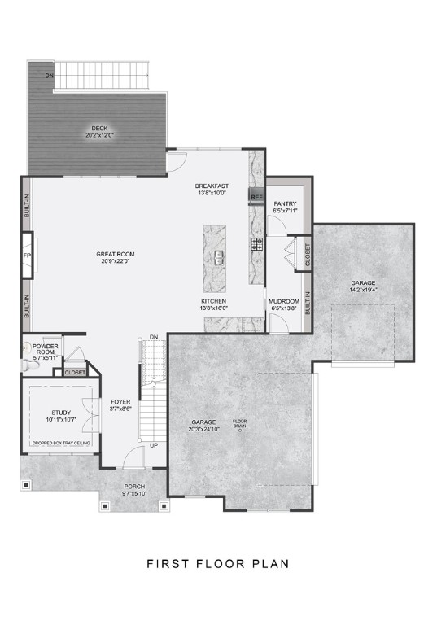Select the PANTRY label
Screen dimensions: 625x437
click(x=285, y=203)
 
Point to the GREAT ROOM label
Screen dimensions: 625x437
click(x=115, y=254)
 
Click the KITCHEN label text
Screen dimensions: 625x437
click(x=213, y=300)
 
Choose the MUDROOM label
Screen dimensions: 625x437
click(x=284, y=301)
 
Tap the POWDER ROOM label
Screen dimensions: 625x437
click(x=46, y=349)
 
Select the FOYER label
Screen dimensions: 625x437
click(x=120, y=402)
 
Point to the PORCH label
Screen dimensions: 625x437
click(x=134, y=487)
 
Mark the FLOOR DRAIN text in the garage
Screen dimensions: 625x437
click(x=240, y=423)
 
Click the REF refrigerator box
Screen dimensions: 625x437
click(x=256, y=198)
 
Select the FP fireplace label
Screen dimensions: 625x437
click(x=26, y=254)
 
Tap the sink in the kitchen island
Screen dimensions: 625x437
click(x=219, y=259)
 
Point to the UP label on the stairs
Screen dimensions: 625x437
click(x=153, y=445)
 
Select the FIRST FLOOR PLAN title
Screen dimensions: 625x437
click(x=218, y=563)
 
